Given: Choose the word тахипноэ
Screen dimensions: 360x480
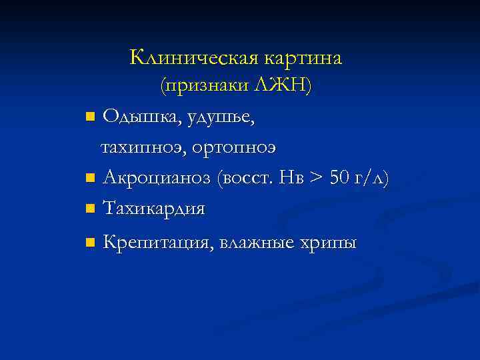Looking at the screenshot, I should (x=141, y=147).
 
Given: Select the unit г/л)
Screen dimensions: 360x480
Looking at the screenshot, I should (x=373, y=179).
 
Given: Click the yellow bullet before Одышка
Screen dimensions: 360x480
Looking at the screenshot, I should (x=90, y=118).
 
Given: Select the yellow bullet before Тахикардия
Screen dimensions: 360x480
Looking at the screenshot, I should (x=90, y=209).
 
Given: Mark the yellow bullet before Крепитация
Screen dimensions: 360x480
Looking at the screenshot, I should (x=90, y=243).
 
